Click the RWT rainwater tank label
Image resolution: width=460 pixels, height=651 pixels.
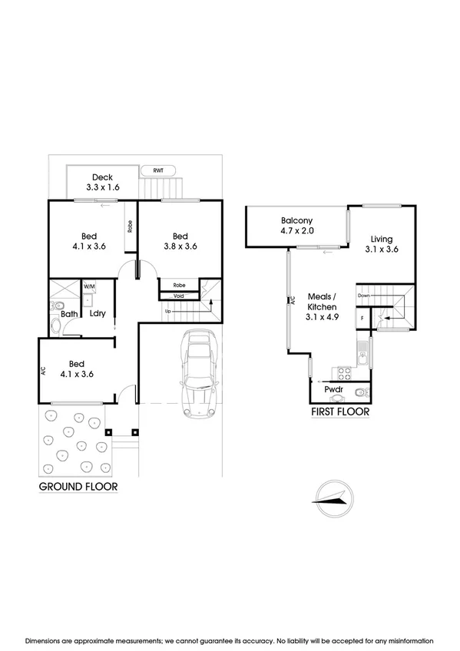tap(157, 171)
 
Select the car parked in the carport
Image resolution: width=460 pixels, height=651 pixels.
tap(198, 374)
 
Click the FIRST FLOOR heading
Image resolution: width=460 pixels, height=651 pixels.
tap(340, 412)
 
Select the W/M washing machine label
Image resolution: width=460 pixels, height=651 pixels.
tap(89, 287)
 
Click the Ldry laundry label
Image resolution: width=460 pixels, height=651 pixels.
tap(97, 313)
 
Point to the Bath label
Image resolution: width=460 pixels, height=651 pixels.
tap(69, 314)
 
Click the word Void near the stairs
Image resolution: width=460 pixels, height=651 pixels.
tap(178, 296)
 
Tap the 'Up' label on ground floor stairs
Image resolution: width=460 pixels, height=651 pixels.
tap(167, 312)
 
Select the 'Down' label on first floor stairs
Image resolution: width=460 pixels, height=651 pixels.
tap(364, 295)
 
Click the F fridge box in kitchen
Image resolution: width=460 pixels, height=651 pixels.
tap(362, 318)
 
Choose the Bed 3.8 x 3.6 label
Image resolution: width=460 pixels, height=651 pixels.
tap(180, 241)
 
